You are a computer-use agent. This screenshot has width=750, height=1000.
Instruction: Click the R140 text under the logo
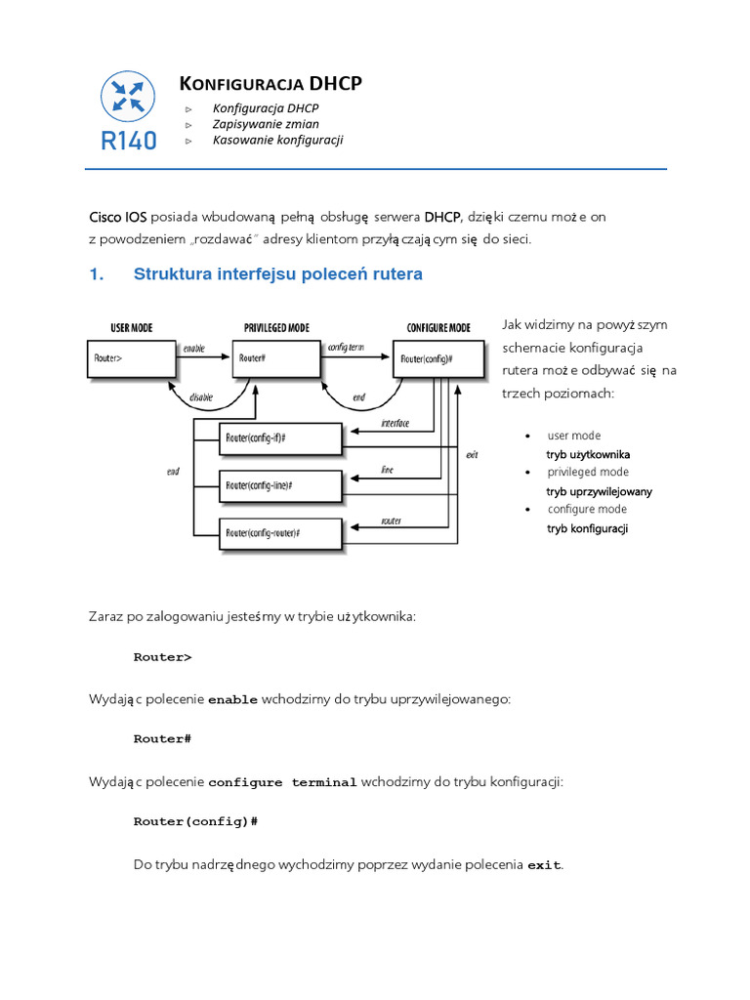[x=128, y=141]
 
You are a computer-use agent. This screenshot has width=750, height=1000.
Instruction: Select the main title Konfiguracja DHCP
[x=271, y=84]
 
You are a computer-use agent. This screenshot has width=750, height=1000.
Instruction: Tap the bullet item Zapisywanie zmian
[x=259, y=124]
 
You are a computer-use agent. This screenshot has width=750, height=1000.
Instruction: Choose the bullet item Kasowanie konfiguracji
[x=277, y=140]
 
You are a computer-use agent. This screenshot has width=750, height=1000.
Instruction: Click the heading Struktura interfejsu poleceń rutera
[x=277, y=274]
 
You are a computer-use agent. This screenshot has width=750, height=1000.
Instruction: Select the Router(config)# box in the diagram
[x=438, y=357]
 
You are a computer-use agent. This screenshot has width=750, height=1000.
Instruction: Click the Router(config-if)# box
[x=281, y=438]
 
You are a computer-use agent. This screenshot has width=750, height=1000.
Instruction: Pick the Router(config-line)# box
[x=281, y=484]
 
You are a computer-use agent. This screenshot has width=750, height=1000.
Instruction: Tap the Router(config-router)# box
[x=281, y=532]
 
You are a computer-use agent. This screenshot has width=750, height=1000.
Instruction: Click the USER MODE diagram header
[x=120, y=328]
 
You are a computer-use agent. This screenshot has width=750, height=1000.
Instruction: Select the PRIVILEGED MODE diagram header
[x=276, y=328]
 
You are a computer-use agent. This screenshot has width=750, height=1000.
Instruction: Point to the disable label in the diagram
[x=201, y=396]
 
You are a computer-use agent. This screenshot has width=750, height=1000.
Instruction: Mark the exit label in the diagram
[x=472, y=455]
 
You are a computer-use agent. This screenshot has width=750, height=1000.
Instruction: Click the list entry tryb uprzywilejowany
[x=599, y=491]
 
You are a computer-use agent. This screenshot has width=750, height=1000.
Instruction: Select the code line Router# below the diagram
[x=162, y=739]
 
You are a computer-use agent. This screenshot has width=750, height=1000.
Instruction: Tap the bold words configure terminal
[x=282, y=783]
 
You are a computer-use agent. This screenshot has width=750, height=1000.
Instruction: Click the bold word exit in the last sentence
[x=545, y=865]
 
